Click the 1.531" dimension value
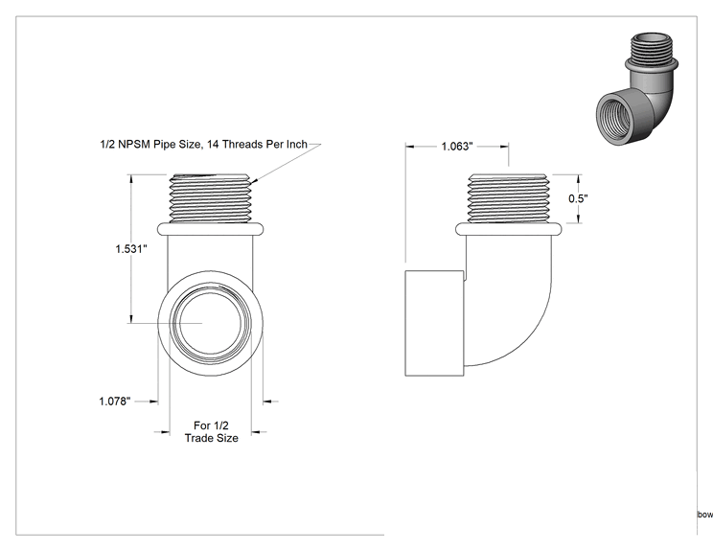(131, 249)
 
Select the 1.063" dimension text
(457, 147)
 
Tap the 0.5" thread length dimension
(578, 198)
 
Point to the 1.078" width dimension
(115, 402)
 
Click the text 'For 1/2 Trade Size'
(212, 432)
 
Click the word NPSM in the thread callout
(134, 144)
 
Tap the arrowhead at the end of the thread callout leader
(253, 182)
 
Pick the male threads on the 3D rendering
(652, 48)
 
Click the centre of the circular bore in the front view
(211, 323)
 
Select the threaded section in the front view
(210, 198)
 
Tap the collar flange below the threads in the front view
(210, 229)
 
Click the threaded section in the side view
(508, 198)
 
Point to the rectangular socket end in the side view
(434, 323)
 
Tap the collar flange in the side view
(508, 229)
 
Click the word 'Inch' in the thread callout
(297, 144)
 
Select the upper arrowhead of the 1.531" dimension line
(131, 179)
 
